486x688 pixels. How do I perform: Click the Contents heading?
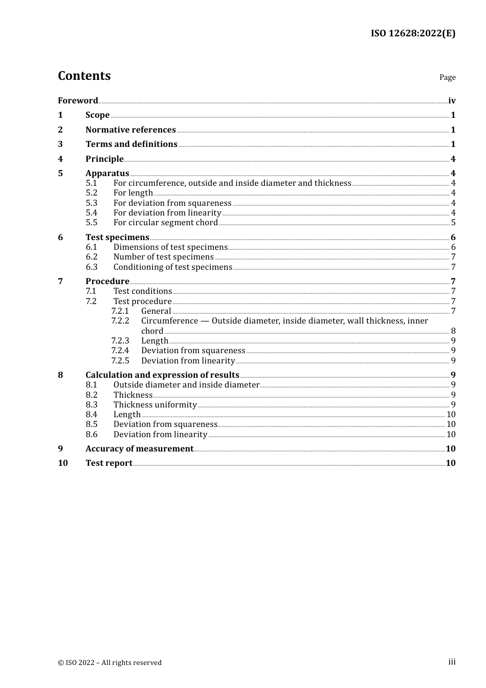[x=84, y=76]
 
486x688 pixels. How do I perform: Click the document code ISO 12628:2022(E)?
[x=413, y=33]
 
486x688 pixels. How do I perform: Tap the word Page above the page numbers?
[x=447, y=77]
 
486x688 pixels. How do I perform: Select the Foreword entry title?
[x=78, y=100]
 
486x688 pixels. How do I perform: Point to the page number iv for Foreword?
[x=452, y=100]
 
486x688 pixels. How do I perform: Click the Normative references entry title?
[x=130, y=130]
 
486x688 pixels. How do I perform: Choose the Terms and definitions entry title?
[x=131, y=144]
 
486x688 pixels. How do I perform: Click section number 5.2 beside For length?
[x=92, y=192]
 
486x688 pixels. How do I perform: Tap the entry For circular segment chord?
[x=166, y=222]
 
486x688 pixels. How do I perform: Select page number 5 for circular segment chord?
[x=453, y=222]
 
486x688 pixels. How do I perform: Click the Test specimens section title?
[x=117, y=237]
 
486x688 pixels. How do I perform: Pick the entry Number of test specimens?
[x=164, y=256]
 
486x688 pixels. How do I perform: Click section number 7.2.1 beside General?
[x=120, y=311]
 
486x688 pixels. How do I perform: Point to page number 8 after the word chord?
[x=453, y=331]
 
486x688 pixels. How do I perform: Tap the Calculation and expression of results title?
[x=162, y=375]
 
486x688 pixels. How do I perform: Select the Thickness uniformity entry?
[x=155, y=404]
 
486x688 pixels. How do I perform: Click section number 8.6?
[x=92, y=434]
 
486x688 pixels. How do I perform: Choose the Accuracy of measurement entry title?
[x=139, y=448]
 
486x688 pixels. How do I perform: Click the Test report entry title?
[x=109, y=463]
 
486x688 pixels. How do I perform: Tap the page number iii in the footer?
[x=452, y=662]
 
